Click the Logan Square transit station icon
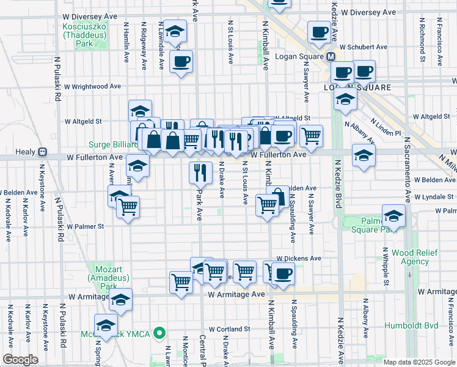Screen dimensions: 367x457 coord(331,56)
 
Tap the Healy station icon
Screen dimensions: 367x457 coord(43,152)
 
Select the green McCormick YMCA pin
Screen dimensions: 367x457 coord(159,334)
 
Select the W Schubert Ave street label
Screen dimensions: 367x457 coord(364,46)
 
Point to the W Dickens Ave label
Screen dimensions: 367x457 coord(299,259)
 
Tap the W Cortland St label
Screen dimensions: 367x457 coord(230,328)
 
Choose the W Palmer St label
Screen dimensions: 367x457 coord(86,226)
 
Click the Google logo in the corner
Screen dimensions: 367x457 coord(20,360)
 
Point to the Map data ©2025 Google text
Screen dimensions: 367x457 coord(419,362)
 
